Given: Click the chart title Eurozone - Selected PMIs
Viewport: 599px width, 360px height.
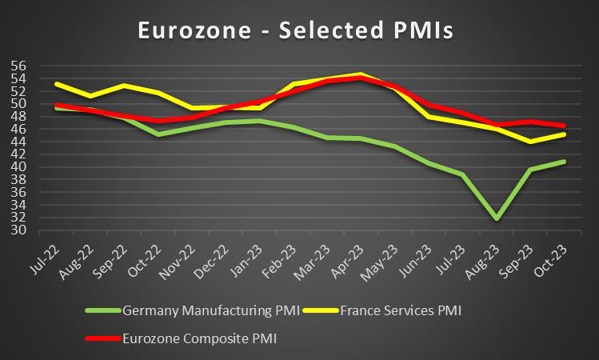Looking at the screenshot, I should coord(296,30).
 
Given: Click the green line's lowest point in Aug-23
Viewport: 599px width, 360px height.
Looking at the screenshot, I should coord(497,218).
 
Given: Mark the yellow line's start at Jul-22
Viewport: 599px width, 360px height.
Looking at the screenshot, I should coord(56,84).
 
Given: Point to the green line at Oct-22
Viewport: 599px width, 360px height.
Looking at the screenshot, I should coord(159,134).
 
